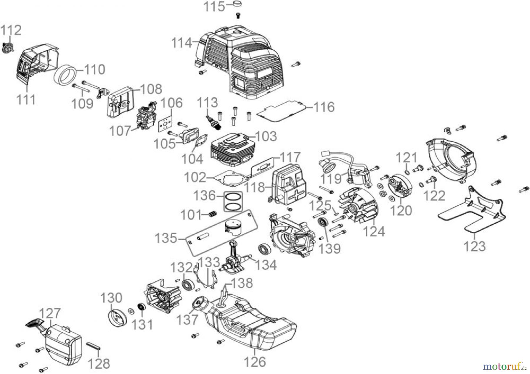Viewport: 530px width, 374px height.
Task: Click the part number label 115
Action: pos(214,6)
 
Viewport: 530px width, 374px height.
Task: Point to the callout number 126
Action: pos(255,362)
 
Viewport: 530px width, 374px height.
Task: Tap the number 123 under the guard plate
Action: pos(474,246)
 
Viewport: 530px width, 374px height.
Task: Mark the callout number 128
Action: pos(99,363)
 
